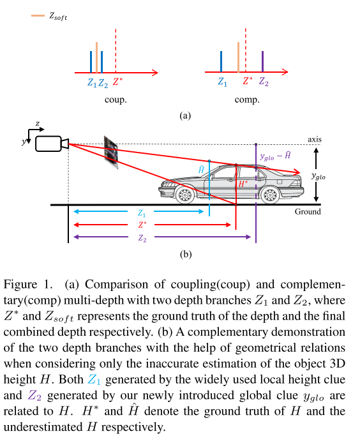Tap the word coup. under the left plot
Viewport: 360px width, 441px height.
coord(115,100)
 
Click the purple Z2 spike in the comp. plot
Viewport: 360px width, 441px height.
coord(263,62)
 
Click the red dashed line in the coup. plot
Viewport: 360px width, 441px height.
coord(115,50)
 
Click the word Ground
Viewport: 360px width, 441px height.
coord(308,211)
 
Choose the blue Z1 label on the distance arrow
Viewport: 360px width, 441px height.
coord(142,213)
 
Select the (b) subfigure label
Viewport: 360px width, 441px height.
coord(185,255)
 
